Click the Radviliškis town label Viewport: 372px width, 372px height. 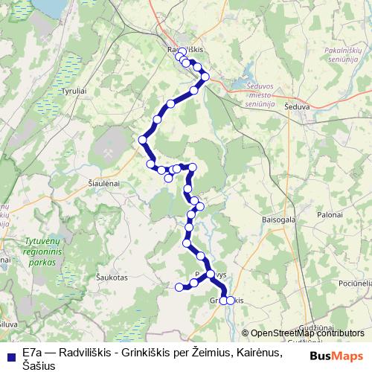tap(186, 47)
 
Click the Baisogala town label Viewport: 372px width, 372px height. tap(279, 220)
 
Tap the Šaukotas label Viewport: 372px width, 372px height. tap(112, 276)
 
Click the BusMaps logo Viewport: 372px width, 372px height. tap(336, 356)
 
